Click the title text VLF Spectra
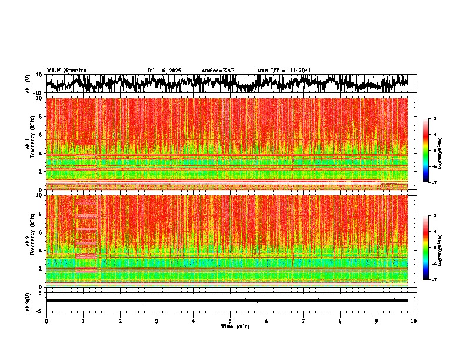pos(66,71)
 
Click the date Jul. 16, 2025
pos(164,71)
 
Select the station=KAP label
pos(218,71)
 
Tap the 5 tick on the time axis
pos(230,321)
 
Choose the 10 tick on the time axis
pos(414,321)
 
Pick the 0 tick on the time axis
pos(46,321)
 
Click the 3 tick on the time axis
pos(157,321)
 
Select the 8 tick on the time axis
pos(340,321)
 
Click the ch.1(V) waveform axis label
pos(28,84)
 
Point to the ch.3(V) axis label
pos(28,300)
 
